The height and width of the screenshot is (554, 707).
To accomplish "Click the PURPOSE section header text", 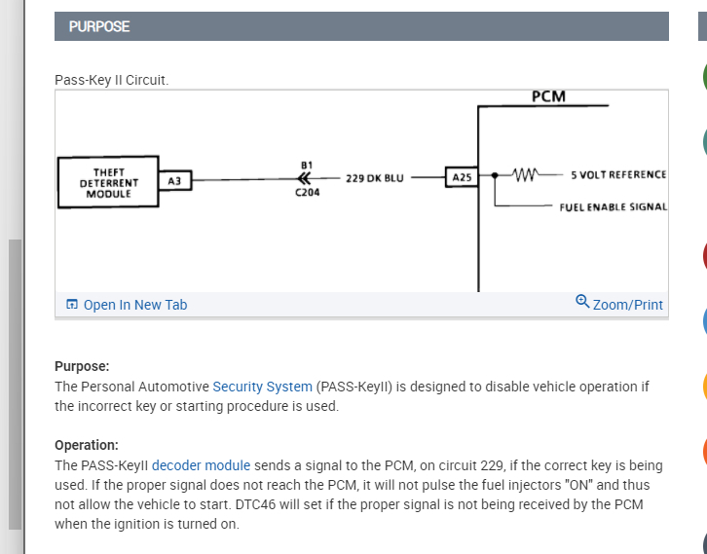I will [99, 26].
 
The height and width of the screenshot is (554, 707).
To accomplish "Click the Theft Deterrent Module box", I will [108, 182].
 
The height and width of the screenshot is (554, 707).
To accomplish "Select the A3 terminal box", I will [174, 181].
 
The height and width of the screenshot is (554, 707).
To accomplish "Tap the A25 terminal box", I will [461, 178].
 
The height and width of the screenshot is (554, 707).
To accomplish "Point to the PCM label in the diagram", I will [548, 96].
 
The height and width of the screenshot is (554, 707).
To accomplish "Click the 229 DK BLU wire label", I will [374, 179].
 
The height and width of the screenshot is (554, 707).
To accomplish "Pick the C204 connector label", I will [307, 193].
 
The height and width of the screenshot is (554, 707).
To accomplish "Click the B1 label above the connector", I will [307, 165].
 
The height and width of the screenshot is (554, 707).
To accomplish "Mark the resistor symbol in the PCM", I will [524, 175].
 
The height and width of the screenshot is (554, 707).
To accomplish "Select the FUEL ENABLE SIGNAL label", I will [613, 207].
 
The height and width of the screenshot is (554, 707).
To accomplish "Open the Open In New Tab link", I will [134, 305].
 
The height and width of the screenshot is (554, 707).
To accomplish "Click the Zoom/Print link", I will [627, 305].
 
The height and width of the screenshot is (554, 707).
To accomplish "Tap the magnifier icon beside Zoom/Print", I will [582, 303].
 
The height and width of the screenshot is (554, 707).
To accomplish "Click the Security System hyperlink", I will [262, 387].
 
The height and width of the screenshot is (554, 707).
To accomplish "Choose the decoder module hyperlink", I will [201, 465].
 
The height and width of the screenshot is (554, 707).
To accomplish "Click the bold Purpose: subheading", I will [82, 366].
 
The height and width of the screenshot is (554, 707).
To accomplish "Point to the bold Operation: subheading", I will [87, 445].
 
